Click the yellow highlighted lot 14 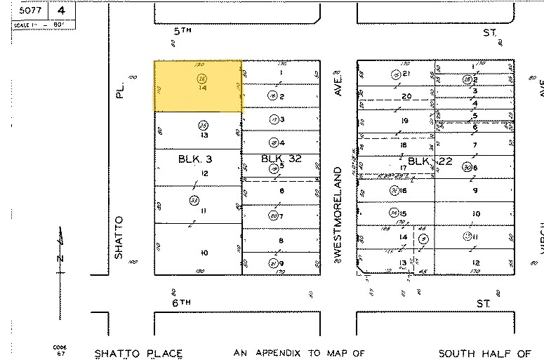(x=198, y=86)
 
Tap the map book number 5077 (x=30, y=11)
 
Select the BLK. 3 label (x=194, y=159)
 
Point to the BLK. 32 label (x=281, y=159)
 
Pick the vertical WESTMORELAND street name (x=338, y=211)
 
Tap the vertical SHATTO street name (x=119, y=237)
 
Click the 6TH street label (x=183, y=301)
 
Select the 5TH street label (x=182, y=32)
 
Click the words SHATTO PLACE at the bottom (x=138, y=353)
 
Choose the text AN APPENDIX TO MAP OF (x=300, y=353)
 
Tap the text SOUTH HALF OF (x=484, y=353)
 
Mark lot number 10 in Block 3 (x=204, y=253)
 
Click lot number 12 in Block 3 (x=204, y=173)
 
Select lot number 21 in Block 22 (x=406, y=74)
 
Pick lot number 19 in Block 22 (x=404, y=121)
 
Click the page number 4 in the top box (x=62, y=11)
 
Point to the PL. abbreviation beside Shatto (x=120, y=91)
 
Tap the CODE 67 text (x=60, y=350)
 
